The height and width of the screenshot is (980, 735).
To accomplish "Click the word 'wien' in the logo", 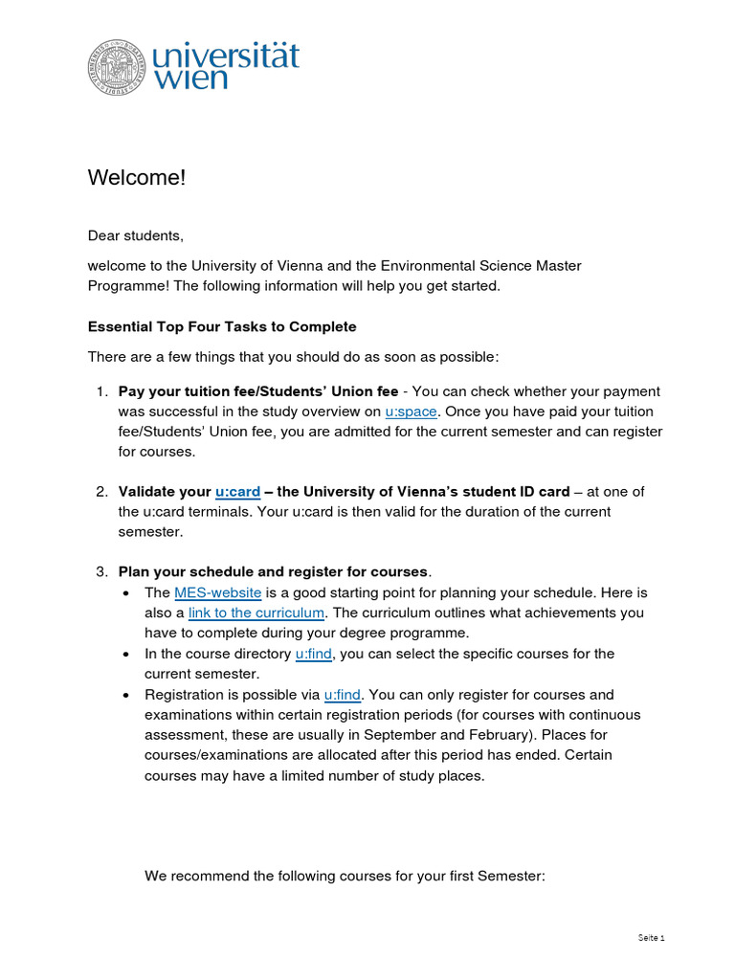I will (190, 78).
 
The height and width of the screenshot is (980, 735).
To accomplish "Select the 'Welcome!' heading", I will (137, 178).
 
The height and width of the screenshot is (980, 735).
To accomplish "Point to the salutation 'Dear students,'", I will (135, 235).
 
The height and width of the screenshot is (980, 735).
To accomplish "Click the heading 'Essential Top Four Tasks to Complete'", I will (222, 326).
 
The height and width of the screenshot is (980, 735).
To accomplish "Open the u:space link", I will (412, 412).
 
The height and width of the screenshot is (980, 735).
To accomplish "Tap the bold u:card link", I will (237, 491).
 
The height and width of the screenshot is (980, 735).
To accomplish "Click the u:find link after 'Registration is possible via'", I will (342, 695).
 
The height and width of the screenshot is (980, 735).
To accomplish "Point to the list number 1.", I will (100, 391).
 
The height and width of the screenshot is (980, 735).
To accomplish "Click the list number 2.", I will (100, 491).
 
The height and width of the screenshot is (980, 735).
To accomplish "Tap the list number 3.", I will (100, 572).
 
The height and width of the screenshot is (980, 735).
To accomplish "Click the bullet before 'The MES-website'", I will (128, 593).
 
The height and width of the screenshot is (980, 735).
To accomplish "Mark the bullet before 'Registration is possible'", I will (128, 696).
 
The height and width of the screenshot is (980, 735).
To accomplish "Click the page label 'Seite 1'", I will (651, 937).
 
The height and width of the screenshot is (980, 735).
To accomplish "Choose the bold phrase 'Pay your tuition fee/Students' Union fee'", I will (257, 391).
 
